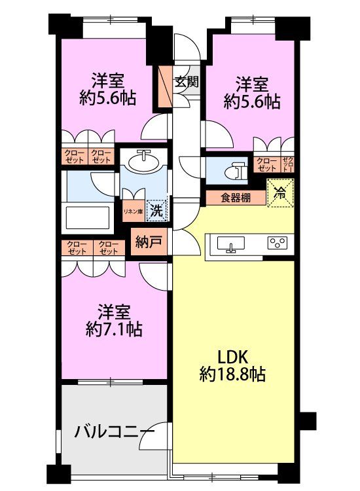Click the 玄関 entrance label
(x=187, y=82)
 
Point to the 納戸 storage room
(x=147, y=241)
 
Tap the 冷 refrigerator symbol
(x=280, y=193)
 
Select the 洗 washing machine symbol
(x=156, y=211)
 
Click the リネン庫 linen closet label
(x=134, y=211)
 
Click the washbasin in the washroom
(x=143, y=160)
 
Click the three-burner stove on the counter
(x=277, y=244)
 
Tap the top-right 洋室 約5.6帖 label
(x=252, y=92)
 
